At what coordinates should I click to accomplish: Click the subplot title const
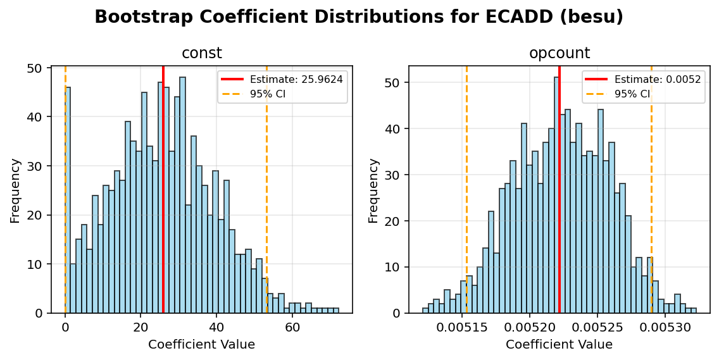[x=201, y=54]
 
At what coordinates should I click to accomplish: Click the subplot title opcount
[x=559, y=54]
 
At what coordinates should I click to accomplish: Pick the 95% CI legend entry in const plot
[x=268, y=94]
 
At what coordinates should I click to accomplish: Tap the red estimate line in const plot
[x=163, y=190]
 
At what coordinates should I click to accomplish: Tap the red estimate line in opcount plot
[x=560, y=190]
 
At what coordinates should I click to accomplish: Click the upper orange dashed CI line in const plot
[x=266, y=190]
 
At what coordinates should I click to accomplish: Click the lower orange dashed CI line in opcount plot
[x=466, y=190]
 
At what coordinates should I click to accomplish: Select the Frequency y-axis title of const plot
[x=15, y=190]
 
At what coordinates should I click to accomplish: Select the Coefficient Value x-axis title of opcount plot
[x=559, y=345]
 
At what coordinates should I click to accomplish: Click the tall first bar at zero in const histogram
[x=68, y=202]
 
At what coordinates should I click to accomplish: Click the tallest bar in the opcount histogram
[x=556, y=196]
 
